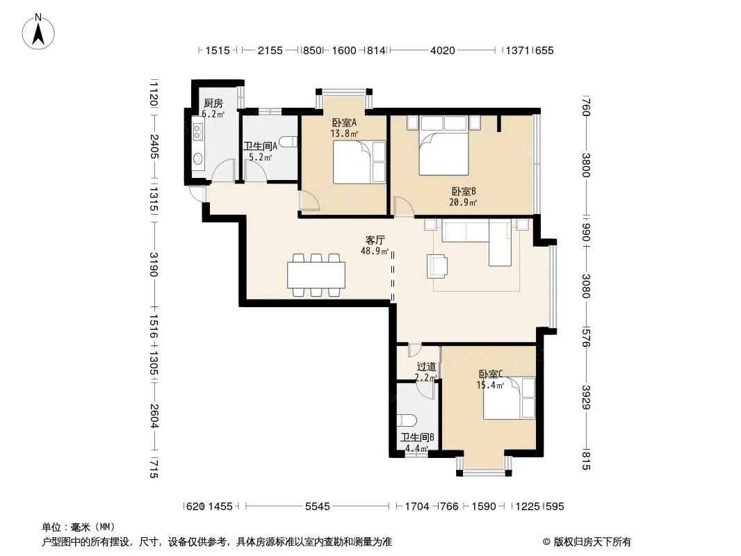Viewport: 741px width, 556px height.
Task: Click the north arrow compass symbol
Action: [38, 31]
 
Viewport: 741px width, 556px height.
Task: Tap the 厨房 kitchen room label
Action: [213, 103]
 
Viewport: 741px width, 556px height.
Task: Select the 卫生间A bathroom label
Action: [260, 146]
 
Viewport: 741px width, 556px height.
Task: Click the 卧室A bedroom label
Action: [344, 122]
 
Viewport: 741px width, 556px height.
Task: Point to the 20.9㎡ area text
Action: [463, 203]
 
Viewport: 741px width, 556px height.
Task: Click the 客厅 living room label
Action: [375, 240]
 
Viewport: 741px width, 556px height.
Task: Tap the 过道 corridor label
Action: [426, 366]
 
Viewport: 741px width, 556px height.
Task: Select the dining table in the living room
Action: [316, 275]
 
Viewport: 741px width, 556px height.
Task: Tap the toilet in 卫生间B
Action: [407, 420]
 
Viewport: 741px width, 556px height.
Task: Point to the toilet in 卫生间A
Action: [288, 142]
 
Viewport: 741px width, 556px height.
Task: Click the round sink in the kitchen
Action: [198, 158]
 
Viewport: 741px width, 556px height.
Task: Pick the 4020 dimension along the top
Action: [442, 50]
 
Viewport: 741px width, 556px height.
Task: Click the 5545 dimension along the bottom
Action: [317, 507]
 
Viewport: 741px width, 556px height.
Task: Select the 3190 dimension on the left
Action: [154, 264]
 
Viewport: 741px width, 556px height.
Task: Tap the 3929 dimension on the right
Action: [586, 398]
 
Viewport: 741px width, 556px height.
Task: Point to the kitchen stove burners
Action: [198, 132]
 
